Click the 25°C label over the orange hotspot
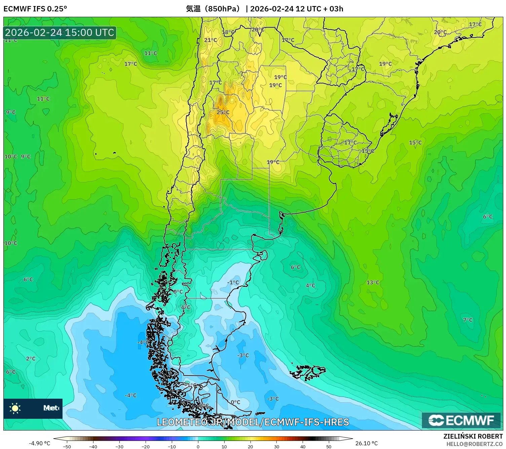tap(223, 112)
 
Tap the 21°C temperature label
tap(210, 40)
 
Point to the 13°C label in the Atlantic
tap(373, 283)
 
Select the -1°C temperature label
tap(233, 283)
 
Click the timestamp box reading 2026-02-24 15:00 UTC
tap(60, 33)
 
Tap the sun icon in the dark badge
tap(15, 408)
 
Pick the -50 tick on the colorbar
tap(67, 446)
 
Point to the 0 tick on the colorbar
tap(198, 446)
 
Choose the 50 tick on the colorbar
tap(329, 446)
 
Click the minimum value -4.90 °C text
tap(39, 443)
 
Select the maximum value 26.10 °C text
tap(366, 443)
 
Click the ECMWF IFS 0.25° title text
tap(35, 9)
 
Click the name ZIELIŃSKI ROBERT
tap(473, 436)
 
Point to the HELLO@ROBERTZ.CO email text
tap(474, 444)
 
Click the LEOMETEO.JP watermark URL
tap(253, 422)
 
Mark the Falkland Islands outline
tap(308, 372)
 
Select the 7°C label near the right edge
tap(468, 320)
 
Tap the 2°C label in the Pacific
tap(31, 359)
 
